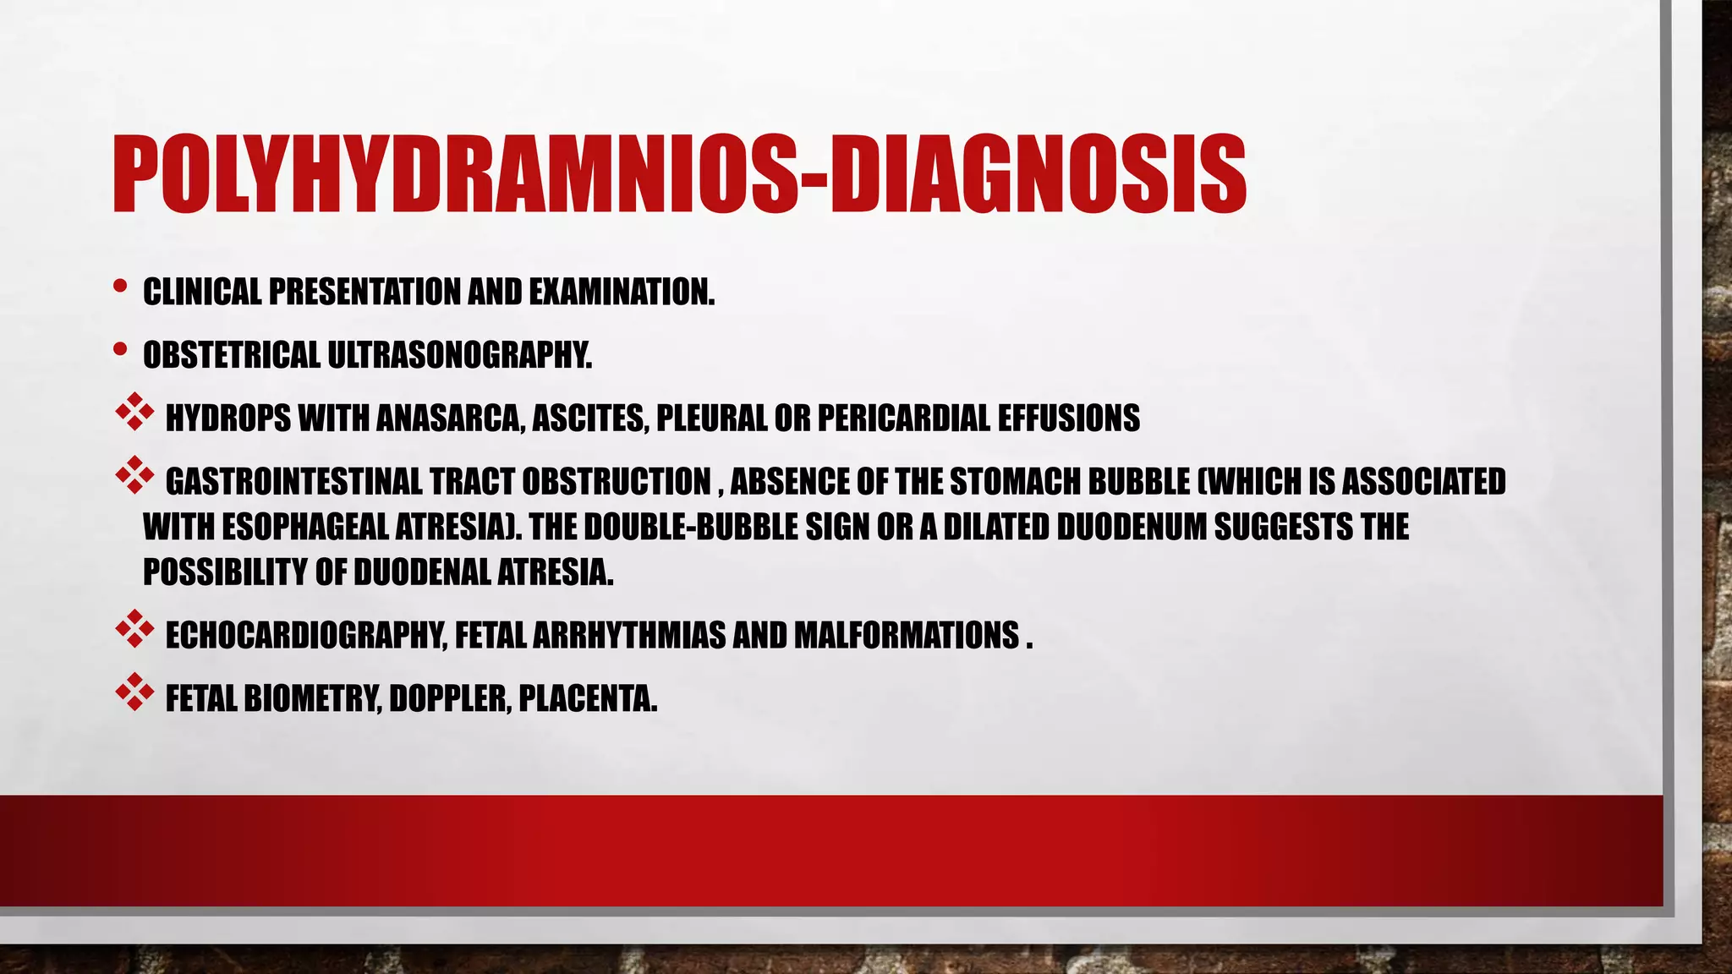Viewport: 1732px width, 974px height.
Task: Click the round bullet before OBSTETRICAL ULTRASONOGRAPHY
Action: coord(120,349)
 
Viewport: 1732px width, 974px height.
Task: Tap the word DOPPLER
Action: coord(449,699)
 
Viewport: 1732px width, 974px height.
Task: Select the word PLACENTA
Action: coord(588,699)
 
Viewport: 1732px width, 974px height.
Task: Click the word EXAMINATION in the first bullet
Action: coord(622,293)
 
